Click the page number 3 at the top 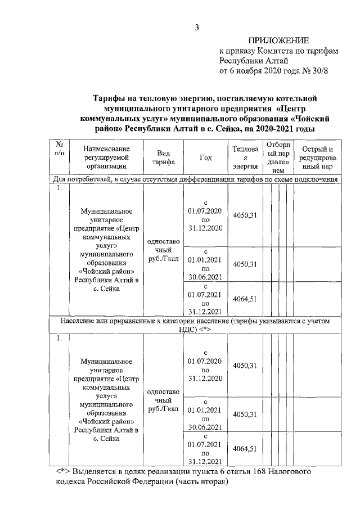[197, 27]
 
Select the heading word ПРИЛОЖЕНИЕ [278, 40]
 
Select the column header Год [205, 157]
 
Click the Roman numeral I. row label [59, 188]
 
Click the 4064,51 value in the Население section [245, 448]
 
